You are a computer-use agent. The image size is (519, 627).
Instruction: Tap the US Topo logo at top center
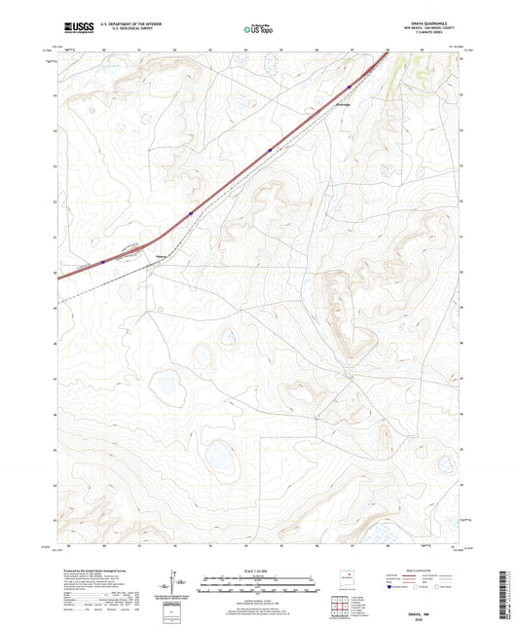click(258, 30)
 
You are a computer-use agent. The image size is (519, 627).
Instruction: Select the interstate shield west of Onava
click(102, 261)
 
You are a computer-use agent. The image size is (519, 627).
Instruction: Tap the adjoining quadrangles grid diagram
click(344, 608)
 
